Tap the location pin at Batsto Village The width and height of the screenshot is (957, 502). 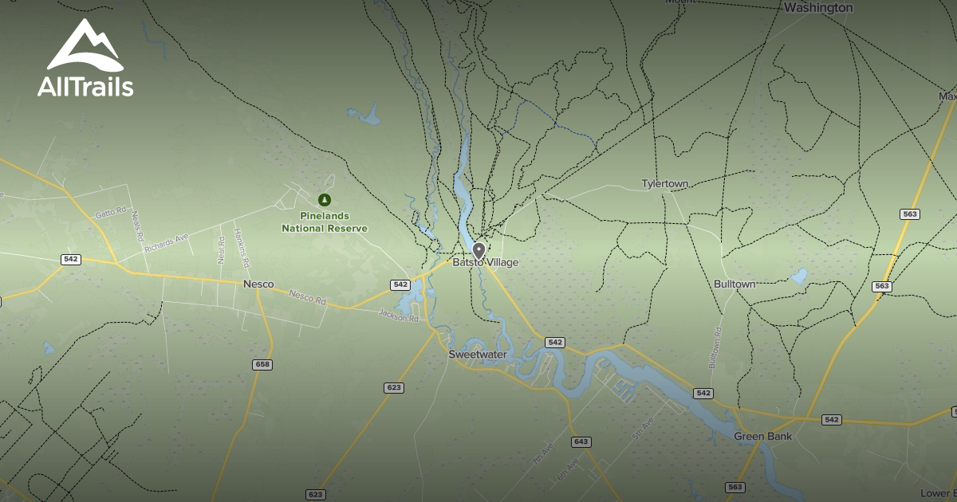click(479, 251)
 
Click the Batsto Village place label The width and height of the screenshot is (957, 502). click(486, 263)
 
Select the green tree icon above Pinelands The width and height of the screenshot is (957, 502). click(325, 199)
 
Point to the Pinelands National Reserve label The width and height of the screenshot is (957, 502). click(325, 222)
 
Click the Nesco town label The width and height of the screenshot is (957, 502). click(258, 284)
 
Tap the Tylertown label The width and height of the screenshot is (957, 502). click(664, 184)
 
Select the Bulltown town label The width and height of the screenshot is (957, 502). click(734, 284)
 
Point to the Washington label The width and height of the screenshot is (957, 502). click(818, 8)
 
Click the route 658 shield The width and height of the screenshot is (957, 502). click(262, 364)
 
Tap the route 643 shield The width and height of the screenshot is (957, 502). click(581, 441)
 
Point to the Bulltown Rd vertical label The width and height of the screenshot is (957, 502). click(715, 347)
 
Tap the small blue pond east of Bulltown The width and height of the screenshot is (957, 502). click(798, 277)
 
